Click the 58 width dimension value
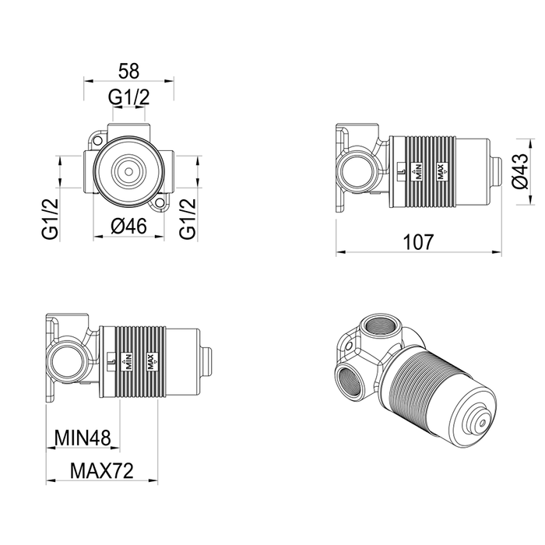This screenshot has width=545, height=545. [x=128, y=71]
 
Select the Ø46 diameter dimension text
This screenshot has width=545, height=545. [x=129, y=227]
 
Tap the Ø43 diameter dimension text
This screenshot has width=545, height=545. [x=520, y=171]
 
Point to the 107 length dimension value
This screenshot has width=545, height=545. [x=419, y=242]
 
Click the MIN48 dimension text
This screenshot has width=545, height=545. [x=83, y=438]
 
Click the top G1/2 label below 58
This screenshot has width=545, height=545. [x=129, y=97]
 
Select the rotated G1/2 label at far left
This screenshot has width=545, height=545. [x=51, y=219]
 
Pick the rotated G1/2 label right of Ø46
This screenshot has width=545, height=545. [x=188, y=219]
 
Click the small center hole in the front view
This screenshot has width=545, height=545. [x=128, y=172]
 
